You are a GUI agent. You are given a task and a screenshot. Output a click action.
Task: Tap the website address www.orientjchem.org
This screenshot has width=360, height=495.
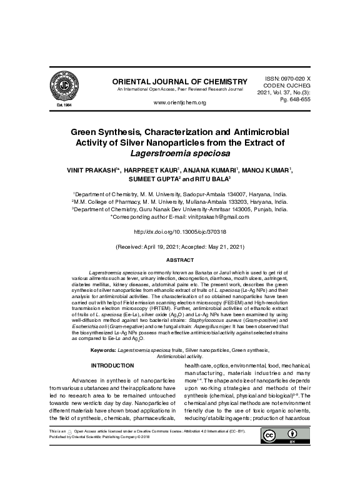(179, 102)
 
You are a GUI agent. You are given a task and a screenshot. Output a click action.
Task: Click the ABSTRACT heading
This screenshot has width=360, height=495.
(179, 259)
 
